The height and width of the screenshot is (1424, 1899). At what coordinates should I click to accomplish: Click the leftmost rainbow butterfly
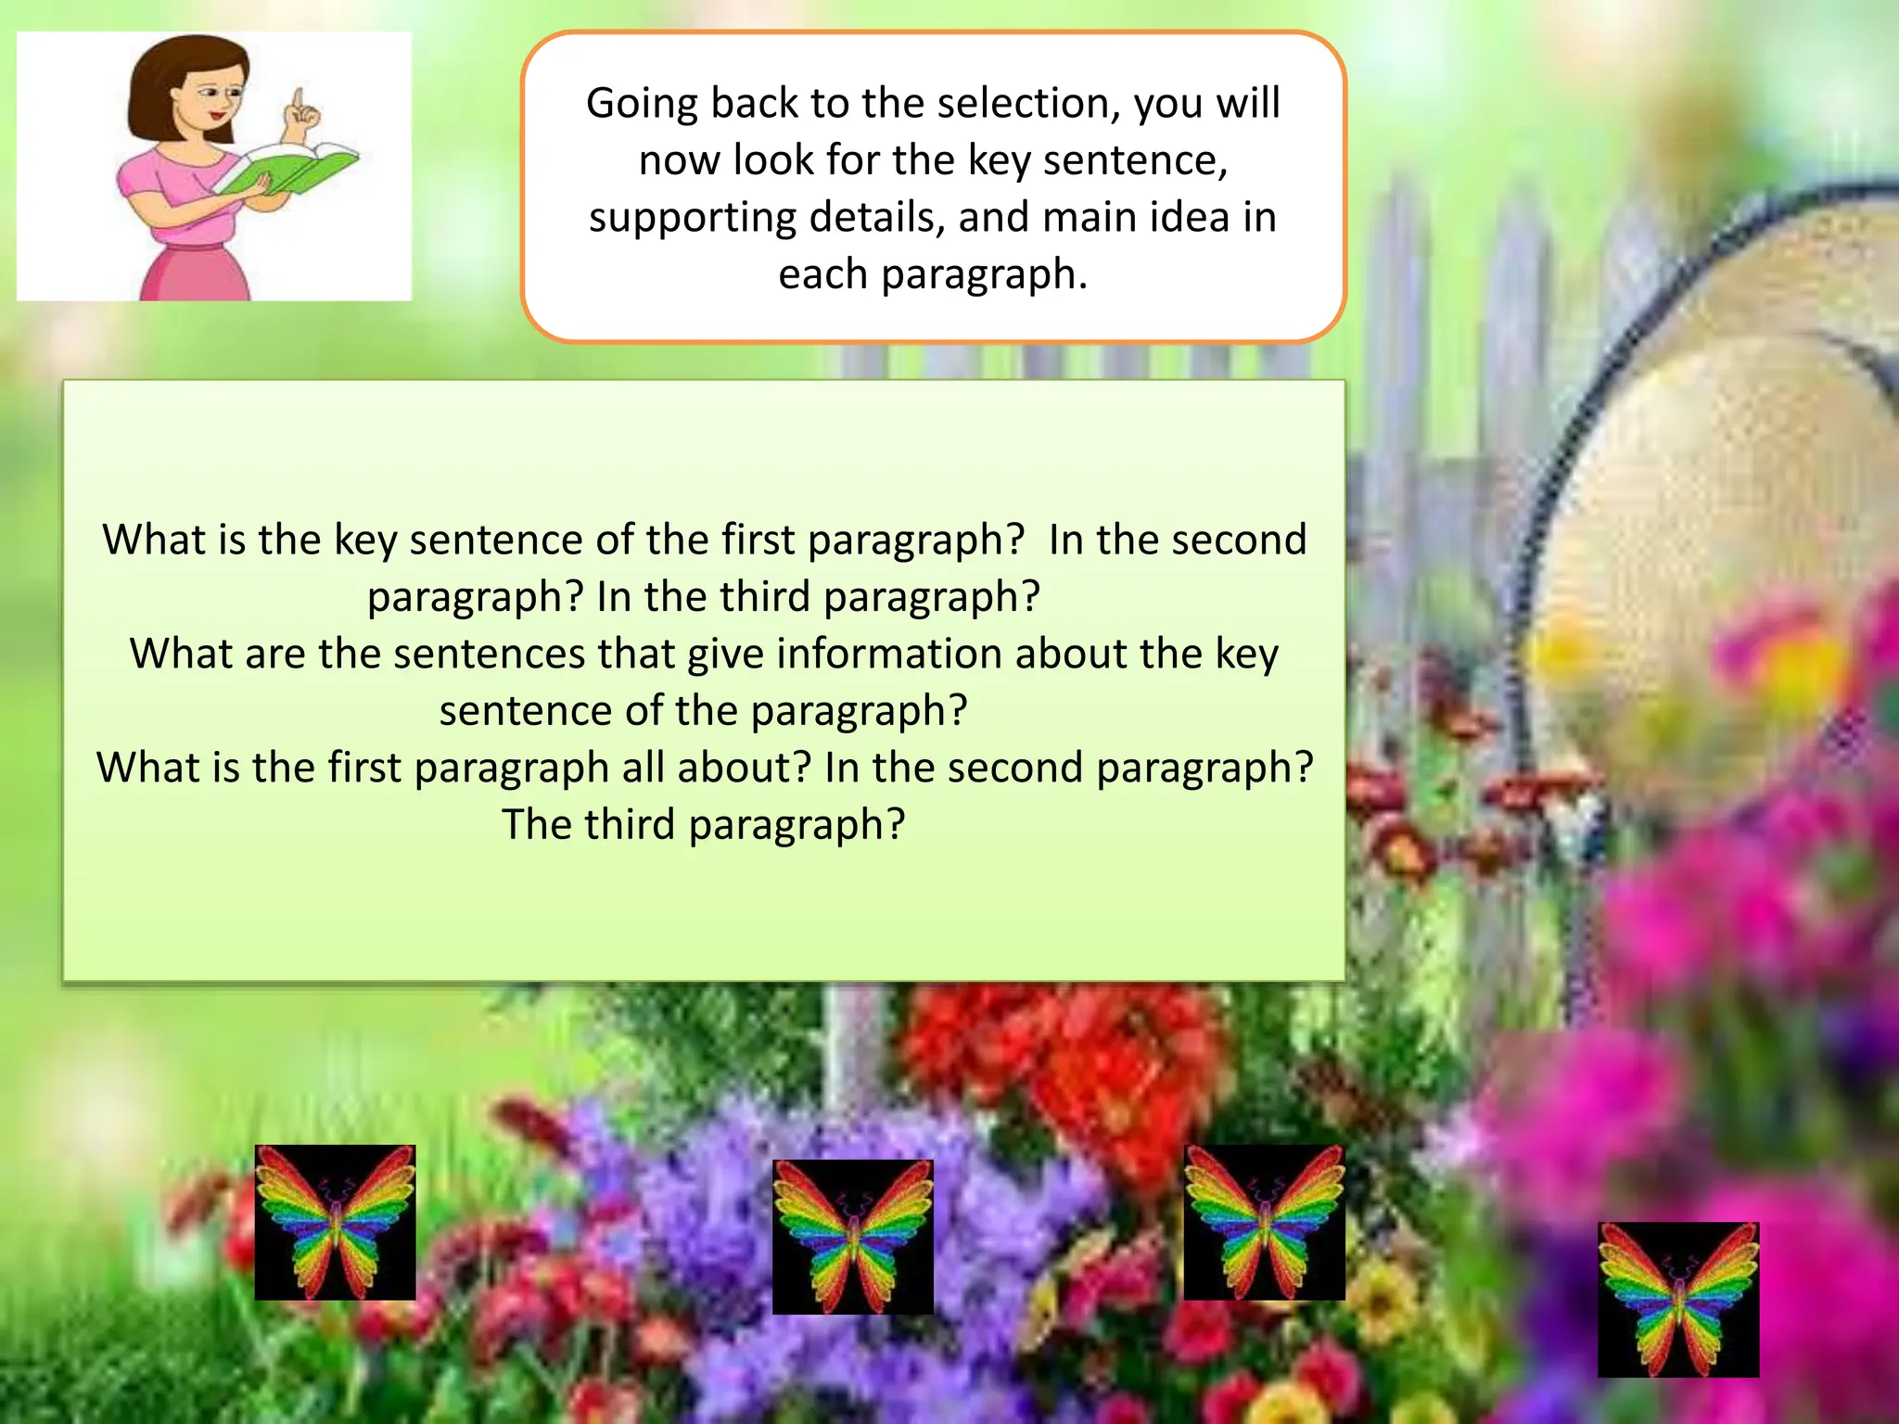pos(335,1222)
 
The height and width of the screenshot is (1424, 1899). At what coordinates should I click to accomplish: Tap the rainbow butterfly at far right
pos(1677,1299)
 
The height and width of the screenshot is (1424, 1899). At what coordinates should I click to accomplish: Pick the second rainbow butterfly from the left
pos(852,1237)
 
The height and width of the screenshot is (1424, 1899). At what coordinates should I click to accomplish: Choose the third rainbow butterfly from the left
pos(1264,1222)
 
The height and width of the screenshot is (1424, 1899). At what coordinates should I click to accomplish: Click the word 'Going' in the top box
pos(642,104)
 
